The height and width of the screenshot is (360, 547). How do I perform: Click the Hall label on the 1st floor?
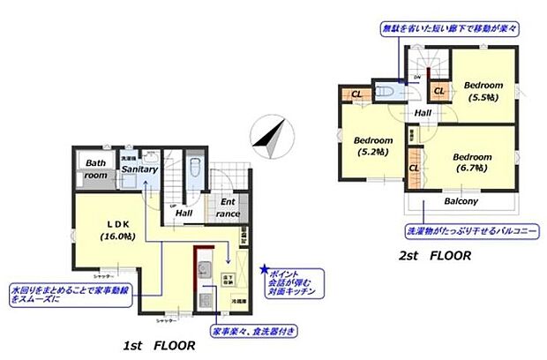184,213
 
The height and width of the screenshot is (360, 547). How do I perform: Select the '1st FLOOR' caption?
160,347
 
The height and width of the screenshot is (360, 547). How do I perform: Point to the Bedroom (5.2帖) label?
373,146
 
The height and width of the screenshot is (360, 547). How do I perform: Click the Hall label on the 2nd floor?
423,113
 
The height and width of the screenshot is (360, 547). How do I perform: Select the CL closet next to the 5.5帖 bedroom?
439,90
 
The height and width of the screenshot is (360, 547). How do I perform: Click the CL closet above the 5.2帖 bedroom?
356,94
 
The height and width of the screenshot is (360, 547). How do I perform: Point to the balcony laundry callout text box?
460,232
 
